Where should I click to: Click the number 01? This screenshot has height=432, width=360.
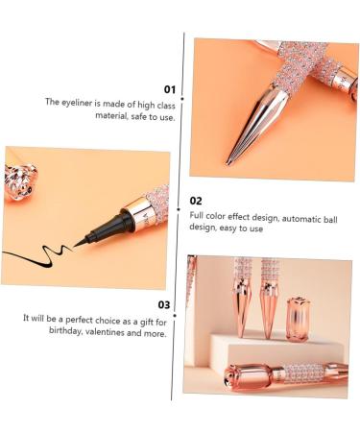[x=168, y=88]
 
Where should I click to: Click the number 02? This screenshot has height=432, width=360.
[x=196, y=201]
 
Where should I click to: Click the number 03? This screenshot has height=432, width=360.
[x=164, y=304]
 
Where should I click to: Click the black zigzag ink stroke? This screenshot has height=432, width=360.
[x=38, y=255]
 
